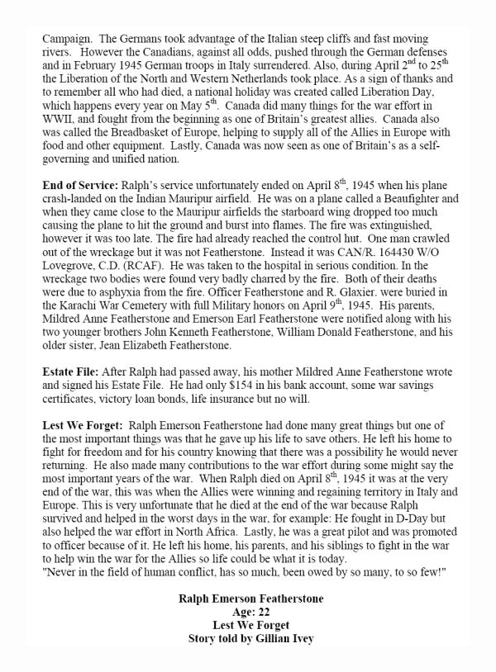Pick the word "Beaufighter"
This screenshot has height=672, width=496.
point(422,199)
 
